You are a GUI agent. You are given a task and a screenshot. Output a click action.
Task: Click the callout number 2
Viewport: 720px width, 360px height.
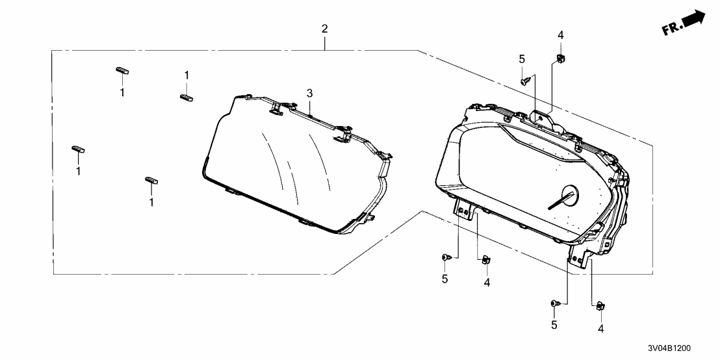325,29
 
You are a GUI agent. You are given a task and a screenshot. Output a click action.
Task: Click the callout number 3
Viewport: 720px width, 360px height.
310,93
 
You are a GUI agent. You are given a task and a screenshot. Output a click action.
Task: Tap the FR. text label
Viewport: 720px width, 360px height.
671,29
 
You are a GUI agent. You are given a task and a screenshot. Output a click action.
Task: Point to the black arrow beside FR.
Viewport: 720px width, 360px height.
694,19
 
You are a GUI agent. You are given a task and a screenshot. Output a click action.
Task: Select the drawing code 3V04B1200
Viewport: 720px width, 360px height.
669,348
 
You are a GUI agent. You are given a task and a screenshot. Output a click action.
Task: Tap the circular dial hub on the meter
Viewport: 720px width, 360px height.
569,195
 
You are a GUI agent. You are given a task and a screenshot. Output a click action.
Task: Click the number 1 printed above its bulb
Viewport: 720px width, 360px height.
187,75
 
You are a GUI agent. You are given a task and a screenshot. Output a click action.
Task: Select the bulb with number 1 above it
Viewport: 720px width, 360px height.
186,97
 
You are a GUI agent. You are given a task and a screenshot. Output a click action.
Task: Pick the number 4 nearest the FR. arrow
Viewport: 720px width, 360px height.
561,35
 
